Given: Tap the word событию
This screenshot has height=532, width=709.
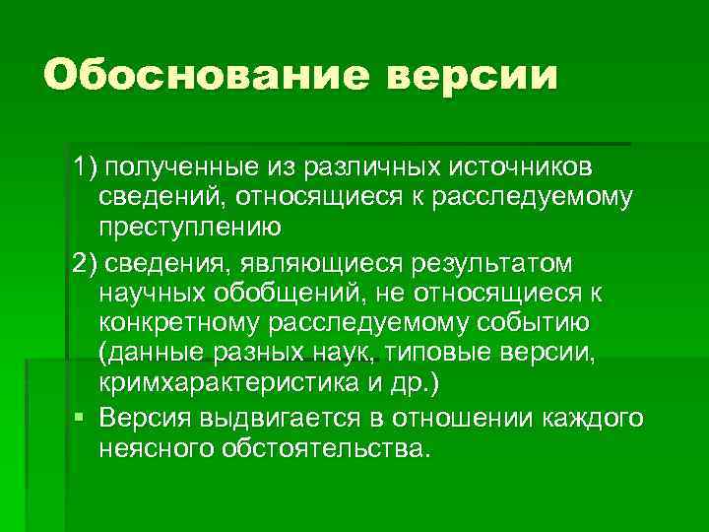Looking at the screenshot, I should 533,323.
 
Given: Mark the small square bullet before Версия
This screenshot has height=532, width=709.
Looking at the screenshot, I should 78,418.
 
